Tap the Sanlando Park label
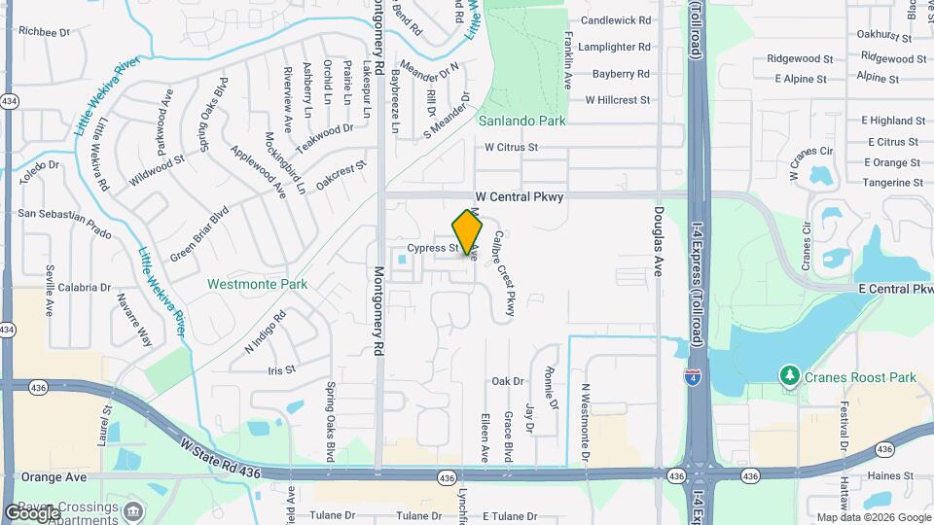521,122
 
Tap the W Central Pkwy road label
519,196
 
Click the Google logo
32,512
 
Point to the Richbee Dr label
45,32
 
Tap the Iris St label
281,369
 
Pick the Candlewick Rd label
615,20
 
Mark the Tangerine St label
891,183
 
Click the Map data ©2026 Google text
873,516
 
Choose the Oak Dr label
508,381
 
